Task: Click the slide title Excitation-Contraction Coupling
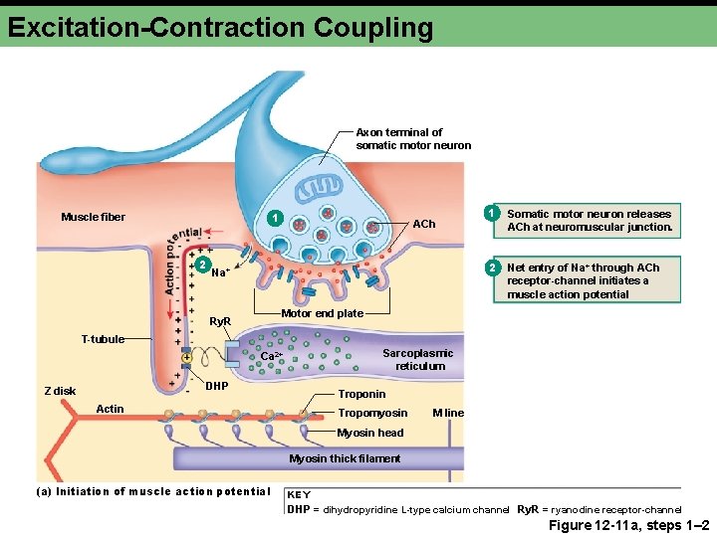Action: (x=220, y=27)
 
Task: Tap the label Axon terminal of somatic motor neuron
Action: (x=412, y=138)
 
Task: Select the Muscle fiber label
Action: (x=93, y=217)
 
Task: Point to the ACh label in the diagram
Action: (x=424, y=224)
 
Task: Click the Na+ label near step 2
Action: (x=221, y=271)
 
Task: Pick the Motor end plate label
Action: (x=322, y=313)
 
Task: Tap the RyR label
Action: (x=220, y=322)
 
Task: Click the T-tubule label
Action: (x=103, y=339)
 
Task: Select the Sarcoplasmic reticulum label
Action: (x=419, y=359)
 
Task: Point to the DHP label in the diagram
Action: (x=217, y=385)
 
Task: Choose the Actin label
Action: (x=110, y=409)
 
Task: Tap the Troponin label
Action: (x=361, y=394)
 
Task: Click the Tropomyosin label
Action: (x=372, y=413)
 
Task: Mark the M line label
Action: (x=448, y=413)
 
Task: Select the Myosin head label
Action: (x=370, y=433)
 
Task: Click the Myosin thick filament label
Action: (x=345, y=458)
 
